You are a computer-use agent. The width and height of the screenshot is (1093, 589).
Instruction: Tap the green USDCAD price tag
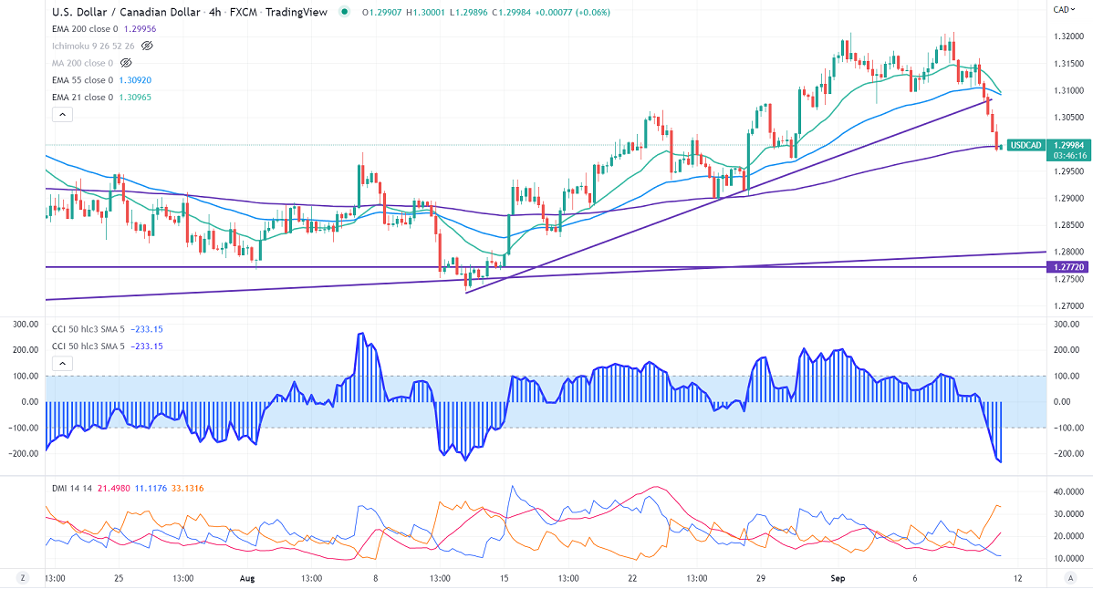(x=1026, y=145)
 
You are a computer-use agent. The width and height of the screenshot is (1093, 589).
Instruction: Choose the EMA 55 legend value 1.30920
(x=134, y=80)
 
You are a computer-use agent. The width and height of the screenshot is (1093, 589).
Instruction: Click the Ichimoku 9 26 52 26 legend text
(x=93, y=46)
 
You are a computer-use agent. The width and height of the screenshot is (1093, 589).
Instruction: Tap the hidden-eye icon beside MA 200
(x=126, y=63)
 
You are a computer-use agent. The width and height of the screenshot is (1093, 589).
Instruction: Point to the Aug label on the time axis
(x=246, y=578)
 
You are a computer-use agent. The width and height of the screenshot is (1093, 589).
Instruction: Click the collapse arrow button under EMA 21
(x=62, y=115)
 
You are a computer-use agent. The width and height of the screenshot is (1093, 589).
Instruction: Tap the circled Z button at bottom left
(x=23, y=578)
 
